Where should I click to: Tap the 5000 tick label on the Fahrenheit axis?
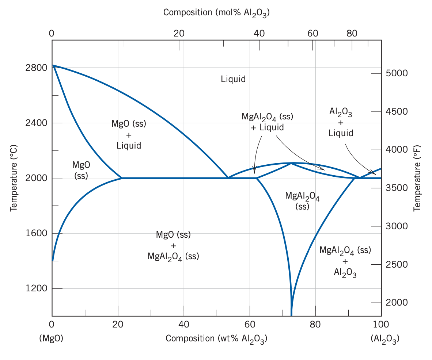396,73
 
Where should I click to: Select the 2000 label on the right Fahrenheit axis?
396,303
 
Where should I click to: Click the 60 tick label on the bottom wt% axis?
250,324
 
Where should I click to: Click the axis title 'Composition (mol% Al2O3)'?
216,13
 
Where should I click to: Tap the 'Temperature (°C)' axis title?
14,178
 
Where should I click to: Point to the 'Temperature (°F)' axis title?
417,178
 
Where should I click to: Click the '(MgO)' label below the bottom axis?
51,338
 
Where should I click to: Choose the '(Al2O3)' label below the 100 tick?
384,339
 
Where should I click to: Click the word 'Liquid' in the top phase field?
233,79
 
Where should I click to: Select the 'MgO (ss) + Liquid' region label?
129,134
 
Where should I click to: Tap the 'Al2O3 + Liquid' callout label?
341,123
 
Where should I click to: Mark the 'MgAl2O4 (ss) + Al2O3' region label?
345,261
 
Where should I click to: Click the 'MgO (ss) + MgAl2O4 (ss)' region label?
173,245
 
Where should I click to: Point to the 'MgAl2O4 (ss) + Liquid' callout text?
267,122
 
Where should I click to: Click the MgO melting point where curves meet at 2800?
53,65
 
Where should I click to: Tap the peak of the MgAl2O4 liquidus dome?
291,163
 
